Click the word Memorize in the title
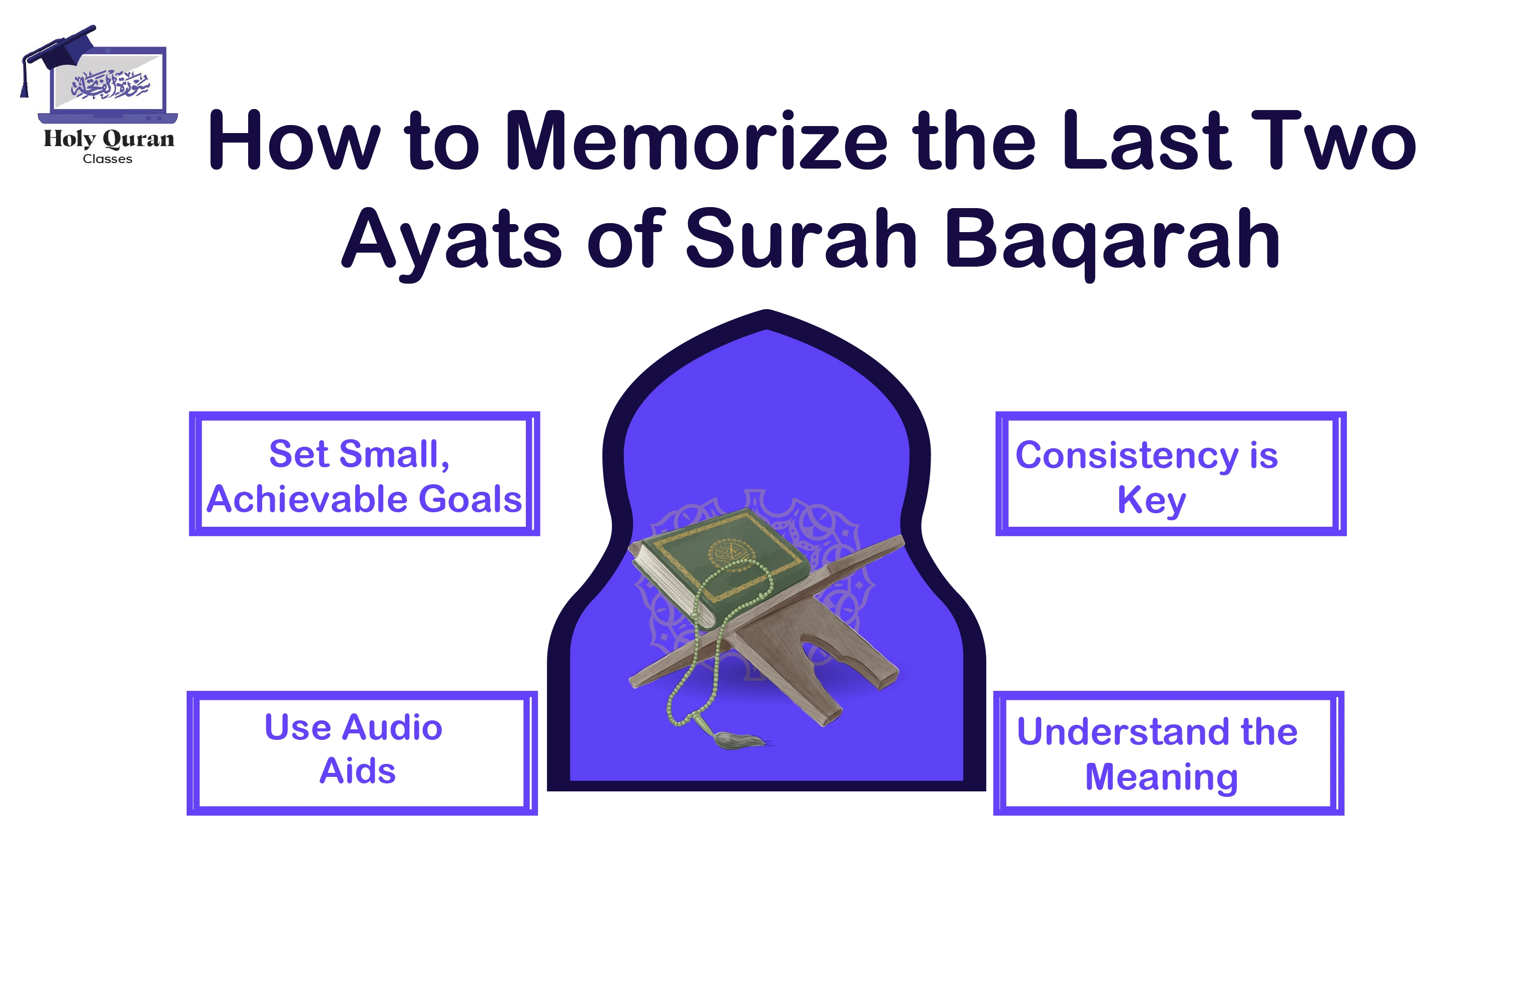tap(695, 142)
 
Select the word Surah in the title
tap(802, 240)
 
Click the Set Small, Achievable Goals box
tap(364, 474)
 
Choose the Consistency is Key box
tap(1170, 474)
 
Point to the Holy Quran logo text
tap(109, 139)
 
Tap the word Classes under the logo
tap(107, 159)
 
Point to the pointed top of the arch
tap(767, 316)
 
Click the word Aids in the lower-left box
tap(357, 771)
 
